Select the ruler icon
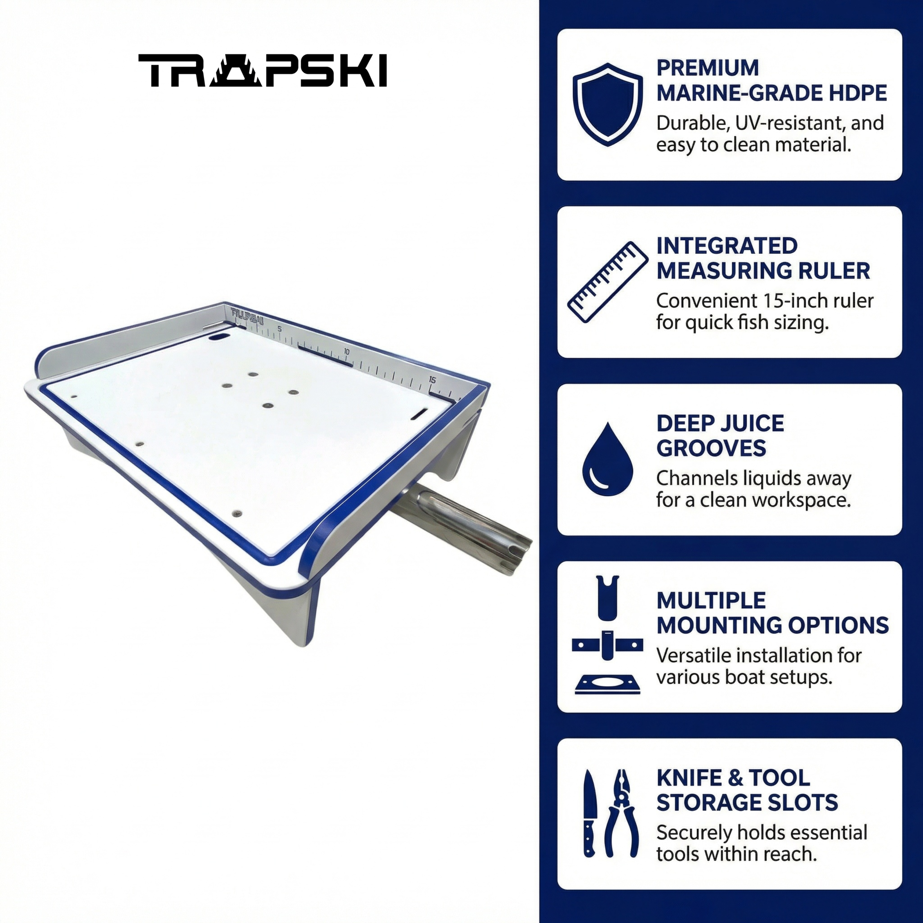[608, 282]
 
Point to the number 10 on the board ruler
[347, 352]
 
